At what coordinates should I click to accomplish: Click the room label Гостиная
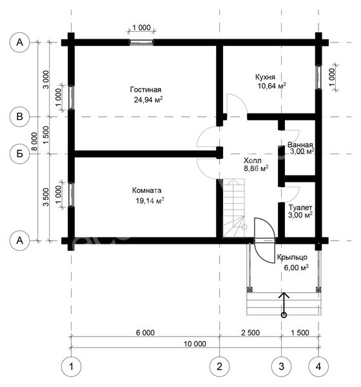(x=145, y=90)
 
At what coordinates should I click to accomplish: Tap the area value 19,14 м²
(x=150, y=201)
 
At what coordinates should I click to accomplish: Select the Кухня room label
(x=265, y=77)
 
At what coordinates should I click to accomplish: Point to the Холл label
(x=252, y=161)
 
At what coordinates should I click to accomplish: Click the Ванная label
(x=300, y=145)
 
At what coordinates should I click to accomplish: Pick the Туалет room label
(x=300, y=208)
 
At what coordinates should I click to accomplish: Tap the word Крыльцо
(x=292, y=257)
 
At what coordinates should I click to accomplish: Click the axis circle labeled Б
(x=20, y=154)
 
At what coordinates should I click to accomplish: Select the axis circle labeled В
(x=20, y=117)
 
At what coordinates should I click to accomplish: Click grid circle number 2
(x=219, y=366)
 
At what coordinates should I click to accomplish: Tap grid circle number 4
(x=318, y=366)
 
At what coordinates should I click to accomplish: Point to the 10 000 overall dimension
(x=195, y=344)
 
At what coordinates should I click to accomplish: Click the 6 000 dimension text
(x=145, y=333)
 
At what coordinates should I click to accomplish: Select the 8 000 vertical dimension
(x=35, y=141)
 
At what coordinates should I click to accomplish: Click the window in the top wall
(x=142, y=43)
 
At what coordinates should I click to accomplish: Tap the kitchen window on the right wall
(x=319, y=77)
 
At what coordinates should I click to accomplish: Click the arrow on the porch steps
(x=284, y=304)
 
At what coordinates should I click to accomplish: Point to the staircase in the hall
(x=234, y=208)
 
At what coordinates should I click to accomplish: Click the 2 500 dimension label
(x=251, y=333)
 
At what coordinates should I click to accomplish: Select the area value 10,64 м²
(x=272, y=86)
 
